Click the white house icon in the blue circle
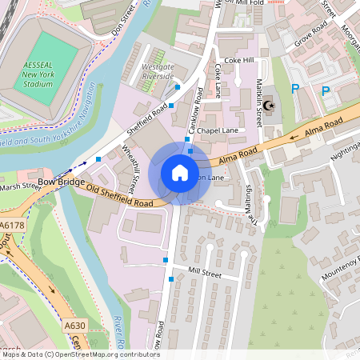click(180, 173)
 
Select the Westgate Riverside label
click(157, 72)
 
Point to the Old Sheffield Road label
click(120, 197)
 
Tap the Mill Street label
click(204, 273)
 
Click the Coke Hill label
click(238, 60)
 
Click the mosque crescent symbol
click(268, 105)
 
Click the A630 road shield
click(74, 325)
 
